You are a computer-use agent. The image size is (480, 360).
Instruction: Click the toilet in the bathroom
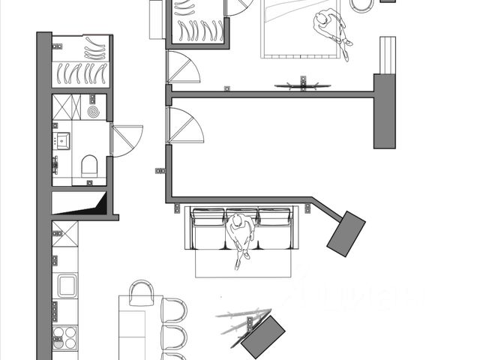tap(89, 165)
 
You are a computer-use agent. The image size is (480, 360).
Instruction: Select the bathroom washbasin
tap(61, 140)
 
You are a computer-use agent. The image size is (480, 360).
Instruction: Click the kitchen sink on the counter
tap(67, 286)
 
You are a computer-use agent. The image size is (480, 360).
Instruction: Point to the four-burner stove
tap(65, 338)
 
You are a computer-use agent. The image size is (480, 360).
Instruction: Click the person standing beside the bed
tap(332, 30)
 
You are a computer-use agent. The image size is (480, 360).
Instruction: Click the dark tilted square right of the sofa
tap(346, 233)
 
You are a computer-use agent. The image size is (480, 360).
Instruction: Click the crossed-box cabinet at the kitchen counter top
tap(64, 233)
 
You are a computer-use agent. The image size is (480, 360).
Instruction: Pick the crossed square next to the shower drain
tap(65, 106)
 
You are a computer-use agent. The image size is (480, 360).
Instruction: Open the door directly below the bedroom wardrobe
tap(183, 69)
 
